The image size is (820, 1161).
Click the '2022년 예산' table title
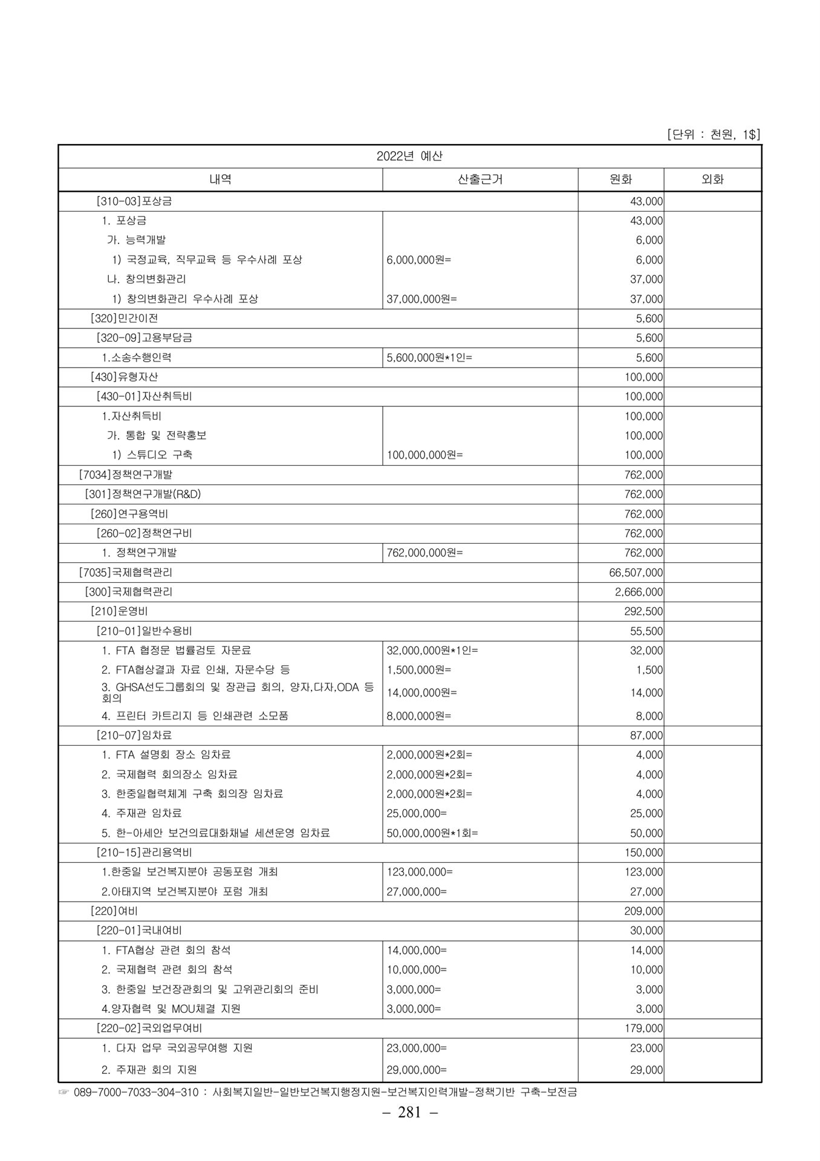click(409, 156)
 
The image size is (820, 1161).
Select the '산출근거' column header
click(480, 179)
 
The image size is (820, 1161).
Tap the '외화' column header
click(712, 179)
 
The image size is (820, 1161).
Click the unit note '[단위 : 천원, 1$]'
click(713, 135)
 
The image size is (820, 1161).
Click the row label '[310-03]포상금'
click(134, 201)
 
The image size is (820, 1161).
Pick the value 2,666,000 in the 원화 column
click(639, 592)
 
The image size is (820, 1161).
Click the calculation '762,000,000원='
click(425, 553)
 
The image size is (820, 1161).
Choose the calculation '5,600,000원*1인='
click(429, 357)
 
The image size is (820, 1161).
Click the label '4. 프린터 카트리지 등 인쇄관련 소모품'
click(195, 716)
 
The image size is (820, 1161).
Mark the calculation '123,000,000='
click(420, 872)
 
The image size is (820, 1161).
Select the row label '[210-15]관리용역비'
click(144, 853)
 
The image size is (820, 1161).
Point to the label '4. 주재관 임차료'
click(142, 813)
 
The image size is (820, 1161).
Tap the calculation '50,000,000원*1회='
click(432, 833)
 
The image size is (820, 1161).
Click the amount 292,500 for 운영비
click(643, 611)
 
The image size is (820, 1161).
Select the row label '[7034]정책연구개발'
click(125, 475)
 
